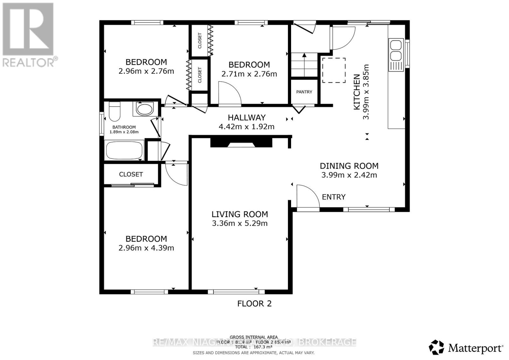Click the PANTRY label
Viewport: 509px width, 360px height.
(304, 92)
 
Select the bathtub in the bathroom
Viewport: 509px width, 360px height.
(124, 151)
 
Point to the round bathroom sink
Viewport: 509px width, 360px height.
(145, 109)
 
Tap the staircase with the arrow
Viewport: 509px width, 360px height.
(304, 65)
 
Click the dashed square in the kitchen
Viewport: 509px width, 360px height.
(334, 70)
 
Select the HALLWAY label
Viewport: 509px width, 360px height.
(247, 118)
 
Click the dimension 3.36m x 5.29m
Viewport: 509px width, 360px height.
(240, 223)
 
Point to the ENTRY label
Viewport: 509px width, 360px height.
(333, 197)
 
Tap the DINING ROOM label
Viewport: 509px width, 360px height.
(349, 166)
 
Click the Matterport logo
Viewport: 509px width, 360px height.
(466, 348)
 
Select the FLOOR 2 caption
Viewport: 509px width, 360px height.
(254, 304)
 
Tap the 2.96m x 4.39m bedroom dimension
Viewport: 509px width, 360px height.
(146, 248)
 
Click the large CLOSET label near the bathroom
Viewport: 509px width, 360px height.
(131, 175)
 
